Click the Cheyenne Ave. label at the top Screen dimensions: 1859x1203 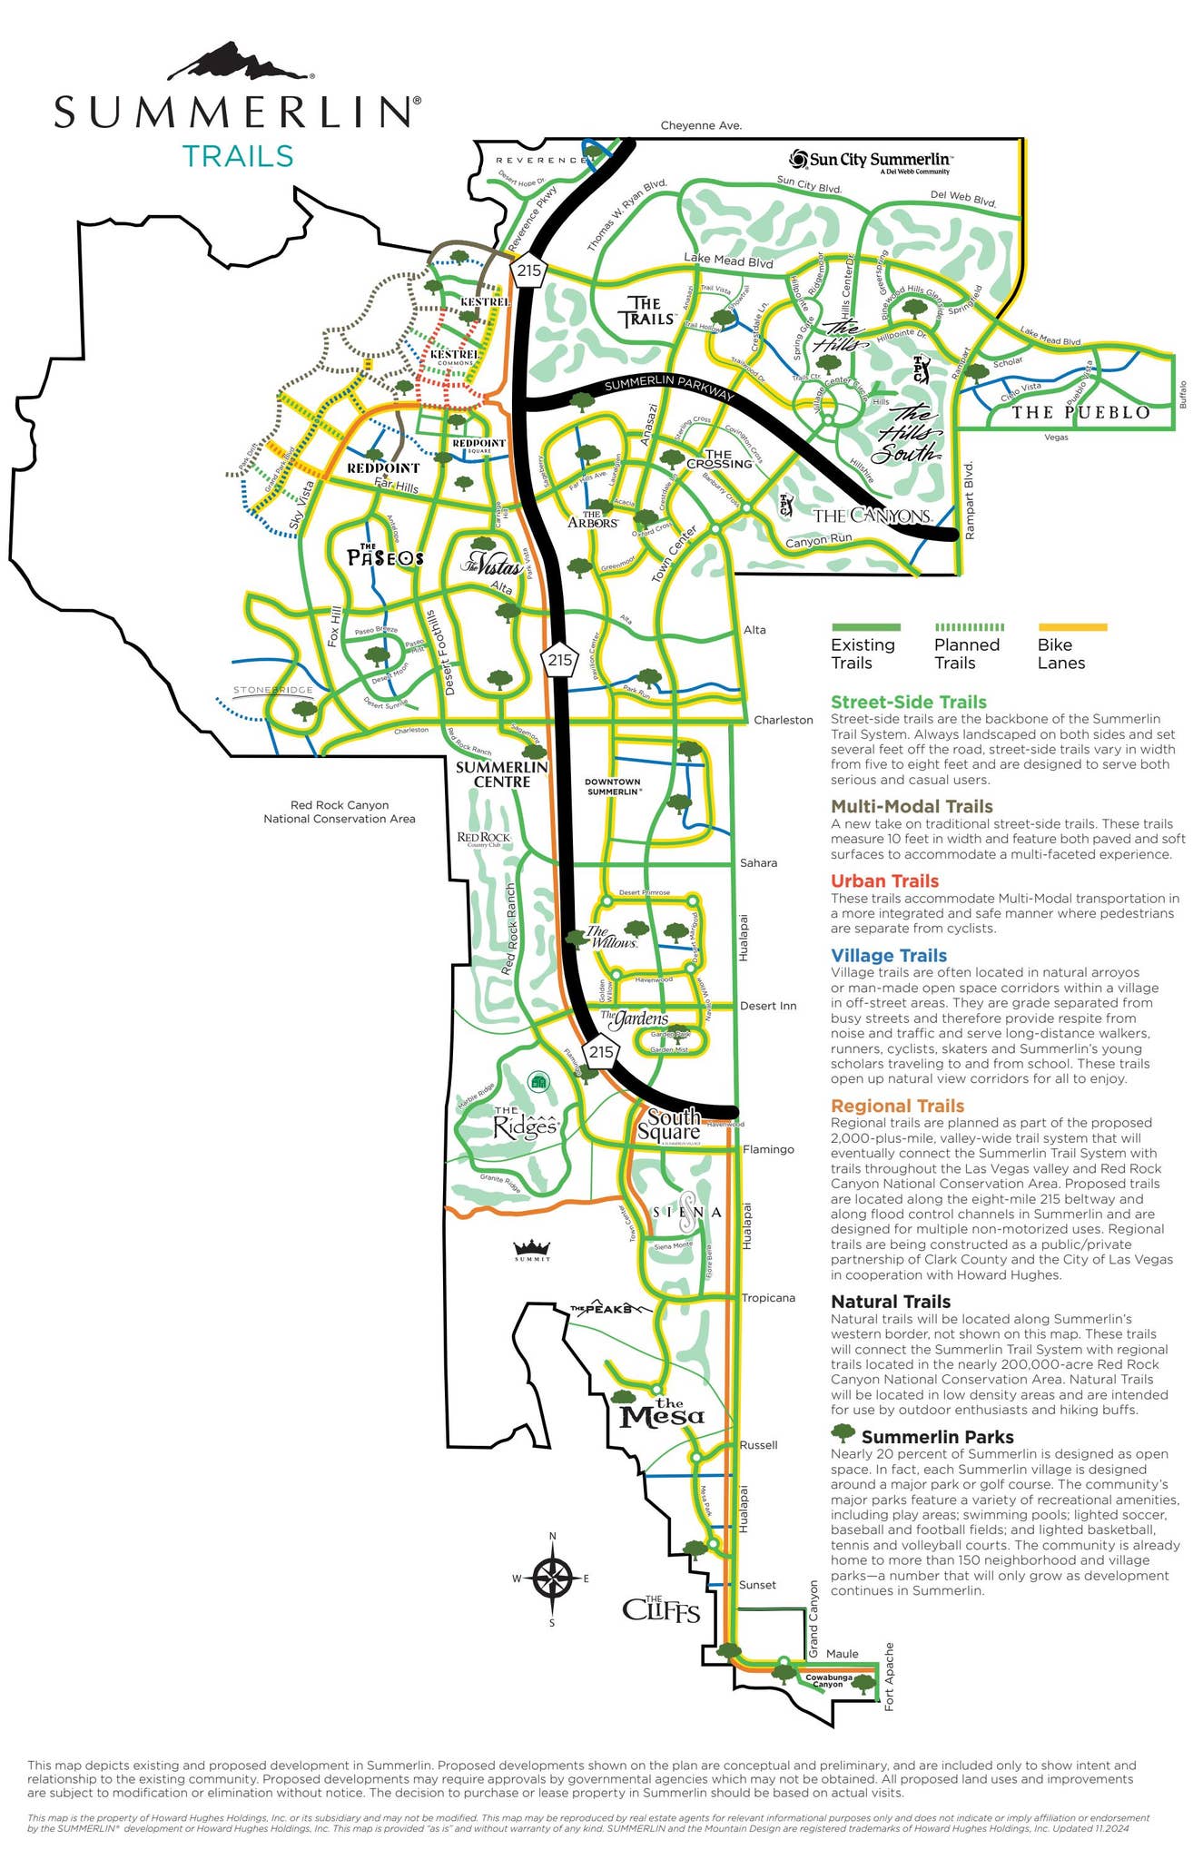tap(701, 125)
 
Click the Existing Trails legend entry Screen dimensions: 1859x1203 tap(864, 644)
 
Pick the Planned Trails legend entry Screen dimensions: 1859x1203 tap(968, 644)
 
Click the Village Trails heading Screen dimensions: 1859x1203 tap(888, 955)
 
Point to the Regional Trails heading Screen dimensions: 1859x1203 tap(897, 1106)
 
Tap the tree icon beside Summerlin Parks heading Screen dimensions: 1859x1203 tap(843, 1433)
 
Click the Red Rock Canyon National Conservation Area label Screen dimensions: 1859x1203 tap(339, 811)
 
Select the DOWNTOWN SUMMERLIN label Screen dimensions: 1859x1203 tap(613, 786)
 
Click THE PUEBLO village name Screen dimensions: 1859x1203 tap(1080, 412)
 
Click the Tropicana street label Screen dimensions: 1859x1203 tap(767, 1297)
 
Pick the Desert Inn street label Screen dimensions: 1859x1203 tap(767, 1006)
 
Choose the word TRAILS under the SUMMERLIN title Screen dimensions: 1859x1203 tap(238, 156)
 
